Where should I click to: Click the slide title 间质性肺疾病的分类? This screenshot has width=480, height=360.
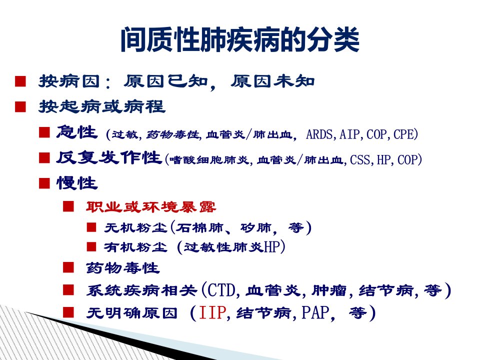[x=240, y=40]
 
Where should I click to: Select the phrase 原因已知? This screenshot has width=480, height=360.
[x=165, y=81]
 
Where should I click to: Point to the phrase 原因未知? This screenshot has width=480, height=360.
[x=272, y=81]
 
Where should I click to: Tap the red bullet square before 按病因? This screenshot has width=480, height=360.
[x=20, y=81]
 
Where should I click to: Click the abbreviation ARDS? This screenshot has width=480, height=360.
[x=319, y=134]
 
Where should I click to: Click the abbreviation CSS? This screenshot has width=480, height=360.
[x=360, y=160]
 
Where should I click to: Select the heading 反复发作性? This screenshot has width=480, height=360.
[x=109, y=158]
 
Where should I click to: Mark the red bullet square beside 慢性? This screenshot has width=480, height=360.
[x=44, y=183]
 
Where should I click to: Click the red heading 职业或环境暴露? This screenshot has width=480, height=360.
[x=151, y=207]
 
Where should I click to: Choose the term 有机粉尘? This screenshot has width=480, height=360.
[x=135, y=247]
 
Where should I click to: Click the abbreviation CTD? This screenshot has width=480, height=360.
[x=221, y=290]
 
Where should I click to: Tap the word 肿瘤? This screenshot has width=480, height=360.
[x=329, y=290]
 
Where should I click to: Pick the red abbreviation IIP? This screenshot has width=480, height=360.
[x=213, y=313]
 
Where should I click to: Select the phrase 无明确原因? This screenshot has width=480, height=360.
[x=131, y=313]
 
